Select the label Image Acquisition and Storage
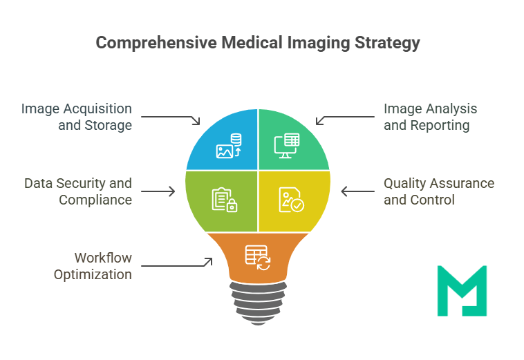pyautogui.click(x=76, y=117)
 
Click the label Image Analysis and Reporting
pyautogui.click(x=430, y=117)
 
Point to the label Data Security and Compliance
pyautogui.click(x=77, y=191)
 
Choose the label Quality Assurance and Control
pyautogui.click(x=439, y=191)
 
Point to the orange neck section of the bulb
pyautogui.click(x=257, y=257)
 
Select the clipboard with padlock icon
pyautogui.click(x=225, y=200)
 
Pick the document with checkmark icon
pyautogui.click(x=290, y=200)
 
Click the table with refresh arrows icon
pyautogui.click(x=257, y=257)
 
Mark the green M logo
pyautogui.click(x=462, y=290)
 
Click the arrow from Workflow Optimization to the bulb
pyautogui.click(x=178, y=264)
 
